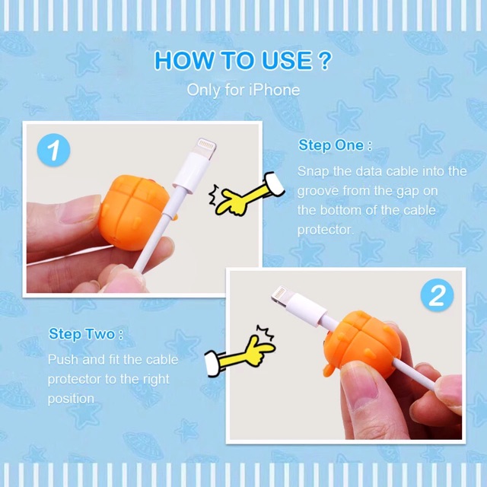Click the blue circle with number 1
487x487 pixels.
[53, 150]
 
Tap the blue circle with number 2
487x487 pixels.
[437, 295]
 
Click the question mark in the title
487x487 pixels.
[325, 60]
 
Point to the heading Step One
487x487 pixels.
[335, 145]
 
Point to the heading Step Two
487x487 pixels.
[86, 334]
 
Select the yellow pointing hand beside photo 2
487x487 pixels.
[240, 352]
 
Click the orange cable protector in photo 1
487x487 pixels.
[134, 212]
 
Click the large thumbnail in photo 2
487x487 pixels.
[361, 388]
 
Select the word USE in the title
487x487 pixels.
[287, 60]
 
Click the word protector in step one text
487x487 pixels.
[326, 231]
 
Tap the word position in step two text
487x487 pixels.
[71, 399]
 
